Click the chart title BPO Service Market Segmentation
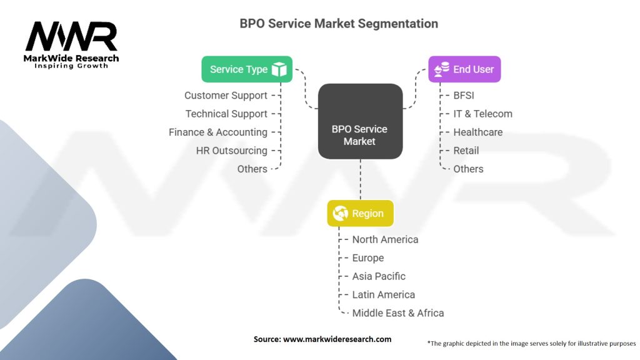(x=339, y=24)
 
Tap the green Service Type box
(x=246, y=69)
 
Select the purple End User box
(x=464, y=69)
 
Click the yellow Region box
(x=360, y=213)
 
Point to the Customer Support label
(x=226, y=96)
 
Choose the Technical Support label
(x=226, y=114)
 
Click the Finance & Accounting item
(x=218, y=132)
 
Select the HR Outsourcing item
(x=231, y=151)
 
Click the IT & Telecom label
(x=482, y=114)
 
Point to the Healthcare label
(x=477, y=132)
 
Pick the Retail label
(x=466, y=151)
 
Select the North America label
(x=385, y=239)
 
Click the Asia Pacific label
(x=379, y=276)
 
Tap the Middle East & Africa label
(x=398, y=312)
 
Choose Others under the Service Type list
(x=252, y=169)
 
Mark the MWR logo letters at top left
(x=71, y=37)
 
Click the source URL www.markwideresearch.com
(x=337, y=339)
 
